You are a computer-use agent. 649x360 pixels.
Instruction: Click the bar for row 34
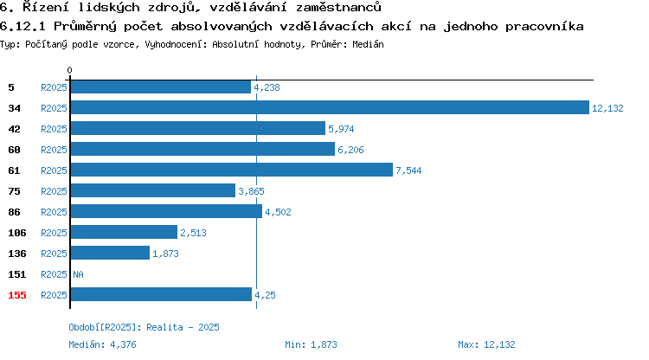click(x=330, y=107)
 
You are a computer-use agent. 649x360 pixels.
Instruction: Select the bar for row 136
click(x=110, y=253)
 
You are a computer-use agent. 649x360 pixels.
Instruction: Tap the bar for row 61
click(x=232, y=170)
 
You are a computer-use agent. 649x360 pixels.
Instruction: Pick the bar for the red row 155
click(x=162, y=294)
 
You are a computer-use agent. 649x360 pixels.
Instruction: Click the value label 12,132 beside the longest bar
click(x=607, y=108)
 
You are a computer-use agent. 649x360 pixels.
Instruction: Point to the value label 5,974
click(x=341, y=129)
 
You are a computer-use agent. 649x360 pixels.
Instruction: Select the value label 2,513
click(x=193, y=233)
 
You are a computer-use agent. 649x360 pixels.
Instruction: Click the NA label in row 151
click(x=78, y=274)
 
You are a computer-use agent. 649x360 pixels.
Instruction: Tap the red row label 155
click(x=17, y=295)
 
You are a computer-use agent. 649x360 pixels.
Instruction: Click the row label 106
click(x=17, y=233)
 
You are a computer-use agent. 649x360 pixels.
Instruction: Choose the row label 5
click(x=11, y=87)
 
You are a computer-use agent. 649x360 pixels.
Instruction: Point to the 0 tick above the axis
click(x=69, y=70)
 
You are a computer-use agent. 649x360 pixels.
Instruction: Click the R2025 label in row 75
click(x=54, y=191)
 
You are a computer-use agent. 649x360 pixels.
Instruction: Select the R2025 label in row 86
click(x=54, y=212)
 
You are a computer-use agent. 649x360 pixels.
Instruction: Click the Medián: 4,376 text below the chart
click(x=102, y=344)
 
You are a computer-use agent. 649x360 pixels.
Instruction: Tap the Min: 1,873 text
click(x=311, y=344)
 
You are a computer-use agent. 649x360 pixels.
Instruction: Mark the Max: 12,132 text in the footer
click(x=486, y=344)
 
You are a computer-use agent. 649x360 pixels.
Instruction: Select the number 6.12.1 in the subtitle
click(x=22, y=27)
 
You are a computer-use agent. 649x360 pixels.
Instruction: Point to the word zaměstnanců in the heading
click(x=338, y=7)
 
